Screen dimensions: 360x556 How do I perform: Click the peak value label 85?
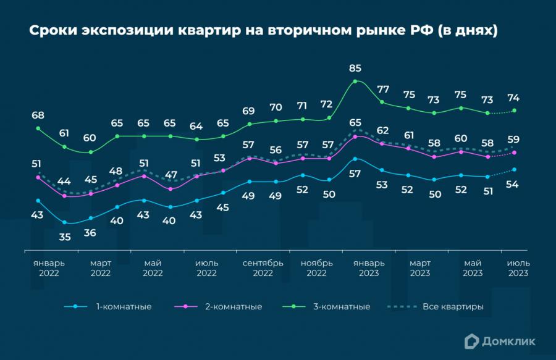355,68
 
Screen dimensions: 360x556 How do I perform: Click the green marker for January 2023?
355,82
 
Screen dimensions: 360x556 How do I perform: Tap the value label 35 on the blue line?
64,236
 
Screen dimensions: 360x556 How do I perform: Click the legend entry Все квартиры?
452,306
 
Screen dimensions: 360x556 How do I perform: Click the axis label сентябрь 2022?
263,267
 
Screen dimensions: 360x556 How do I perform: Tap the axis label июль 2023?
518,267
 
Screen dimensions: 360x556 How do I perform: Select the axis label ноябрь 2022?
316,267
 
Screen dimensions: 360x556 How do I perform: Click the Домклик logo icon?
473,339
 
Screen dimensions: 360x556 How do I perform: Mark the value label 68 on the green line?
38,115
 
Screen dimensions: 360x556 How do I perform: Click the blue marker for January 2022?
38,201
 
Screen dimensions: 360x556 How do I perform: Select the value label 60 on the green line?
90,138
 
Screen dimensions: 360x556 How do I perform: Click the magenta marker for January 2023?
355,136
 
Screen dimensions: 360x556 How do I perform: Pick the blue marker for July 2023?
515,169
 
